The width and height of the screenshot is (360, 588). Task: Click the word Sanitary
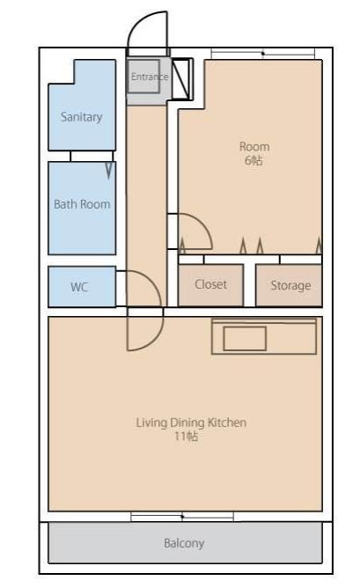click(x=81, y=117)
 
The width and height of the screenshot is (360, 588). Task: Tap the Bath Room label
click(x=82, y=204)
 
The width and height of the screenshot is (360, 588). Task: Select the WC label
click(x=79, y=287)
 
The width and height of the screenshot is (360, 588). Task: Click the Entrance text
click(x=150, y=77)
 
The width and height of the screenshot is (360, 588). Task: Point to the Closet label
click(x=210, y=284)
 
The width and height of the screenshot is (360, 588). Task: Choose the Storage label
click(x=290, y=285)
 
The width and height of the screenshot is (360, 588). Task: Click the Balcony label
click(x=184, y=543)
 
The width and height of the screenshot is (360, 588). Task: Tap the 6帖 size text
click(x=253, y=160)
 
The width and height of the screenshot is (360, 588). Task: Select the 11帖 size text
click(x=186, y=437)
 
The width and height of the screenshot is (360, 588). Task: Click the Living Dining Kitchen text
click(x=191, y=423)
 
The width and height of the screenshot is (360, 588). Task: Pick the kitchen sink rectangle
click(x=245, y=339)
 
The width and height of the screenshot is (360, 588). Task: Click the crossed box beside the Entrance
click(x=182, y=79)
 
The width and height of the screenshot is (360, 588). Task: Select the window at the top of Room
click(x=263, y=54)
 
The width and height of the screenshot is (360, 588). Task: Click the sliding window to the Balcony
click(x=182, y=517)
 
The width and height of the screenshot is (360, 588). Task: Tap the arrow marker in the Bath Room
click(x=109, y=170)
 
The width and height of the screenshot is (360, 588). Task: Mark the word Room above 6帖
click(x=254, y=147)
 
